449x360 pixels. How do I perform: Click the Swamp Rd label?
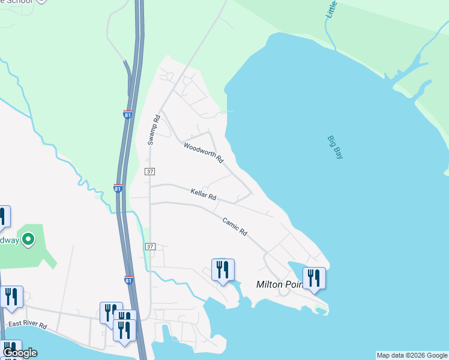point(152,130)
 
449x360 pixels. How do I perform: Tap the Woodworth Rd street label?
point(203,152)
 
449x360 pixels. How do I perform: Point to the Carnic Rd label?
point(235,226)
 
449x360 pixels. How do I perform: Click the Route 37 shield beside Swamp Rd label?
point(150,172)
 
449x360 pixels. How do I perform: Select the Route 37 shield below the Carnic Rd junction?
point(150,247)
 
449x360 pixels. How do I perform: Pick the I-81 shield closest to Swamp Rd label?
point(128,114)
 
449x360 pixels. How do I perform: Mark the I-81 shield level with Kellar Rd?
point(118,188)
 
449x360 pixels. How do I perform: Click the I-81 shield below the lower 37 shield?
point(128,280)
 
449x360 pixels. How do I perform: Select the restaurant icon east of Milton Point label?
point(314,278)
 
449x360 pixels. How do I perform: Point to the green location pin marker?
point(28,241)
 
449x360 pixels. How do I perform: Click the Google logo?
point(19,353)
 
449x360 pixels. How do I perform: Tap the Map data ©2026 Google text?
point(412,355)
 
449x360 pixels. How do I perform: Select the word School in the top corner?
point(22,2)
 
